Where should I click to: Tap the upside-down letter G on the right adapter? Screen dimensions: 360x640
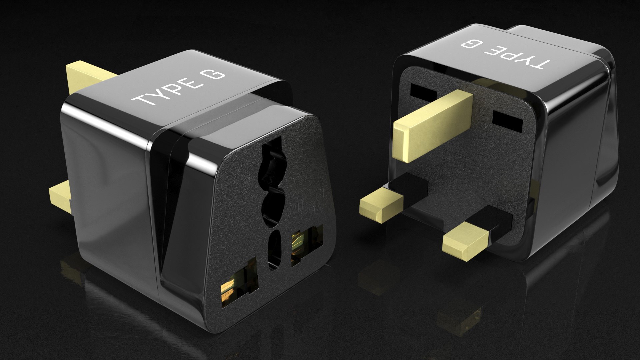tap(469, 45)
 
